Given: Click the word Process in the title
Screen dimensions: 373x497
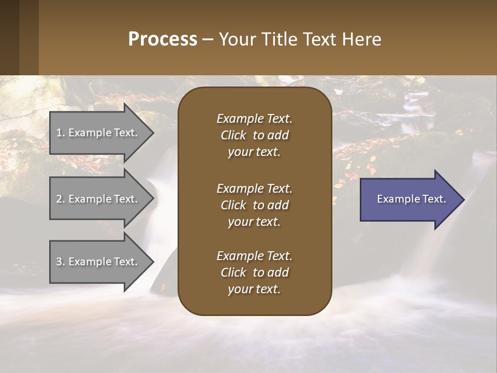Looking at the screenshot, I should (163, 39).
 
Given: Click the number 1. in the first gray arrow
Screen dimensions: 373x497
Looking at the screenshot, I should (61, 133).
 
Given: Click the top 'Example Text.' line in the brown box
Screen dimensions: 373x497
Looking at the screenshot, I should (254, 119).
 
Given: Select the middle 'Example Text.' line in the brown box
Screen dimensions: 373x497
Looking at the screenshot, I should (254, 189).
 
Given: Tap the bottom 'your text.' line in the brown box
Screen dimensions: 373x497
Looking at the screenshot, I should (254, 290).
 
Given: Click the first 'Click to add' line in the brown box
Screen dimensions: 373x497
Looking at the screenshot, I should (254, 136).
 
